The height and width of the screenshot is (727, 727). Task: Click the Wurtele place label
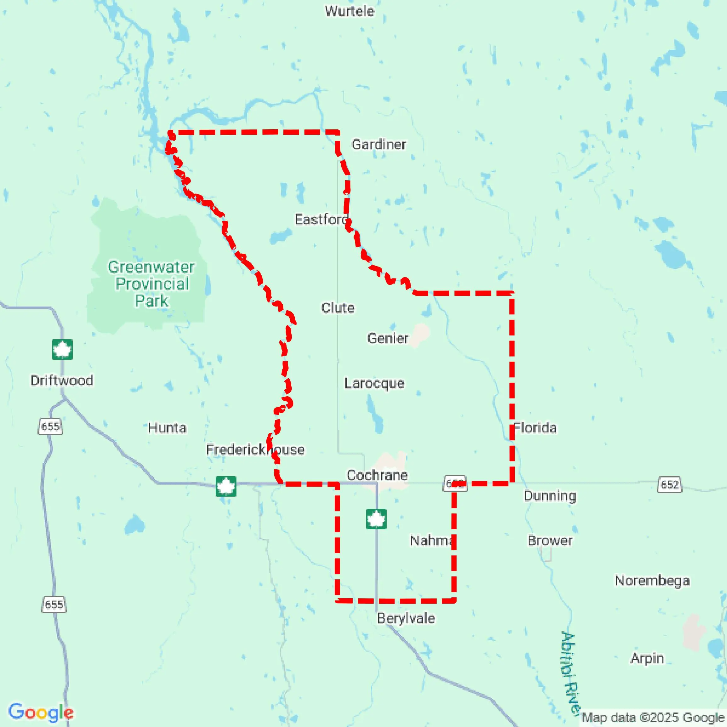349,11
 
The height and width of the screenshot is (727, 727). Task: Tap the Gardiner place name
378,144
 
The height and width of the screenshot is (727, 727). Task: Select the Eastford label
321,219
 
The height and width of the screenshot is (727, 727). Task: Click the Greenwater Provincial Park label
151,284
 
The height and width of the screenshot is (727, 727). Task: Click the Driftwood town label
62,380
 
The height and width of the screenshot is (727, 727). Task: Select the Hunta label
167,428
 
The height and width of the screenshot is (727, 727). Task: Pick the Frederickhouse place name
255,450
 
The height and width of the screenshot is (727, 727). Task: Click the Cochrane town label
377,475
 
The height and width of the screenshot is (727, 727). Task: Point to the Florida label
535,428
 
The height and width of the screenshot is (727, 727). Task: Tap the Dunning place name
550,496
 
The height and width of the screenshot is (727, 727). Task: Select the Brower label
550,541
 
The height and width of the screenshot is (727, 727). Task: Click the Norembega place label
652,581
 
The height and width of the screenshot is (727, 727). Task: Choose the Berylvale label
406,618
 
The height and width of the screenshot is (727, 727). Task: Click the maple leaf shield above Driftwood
62,350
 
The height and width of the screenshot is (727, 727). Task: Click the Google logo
41,712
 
